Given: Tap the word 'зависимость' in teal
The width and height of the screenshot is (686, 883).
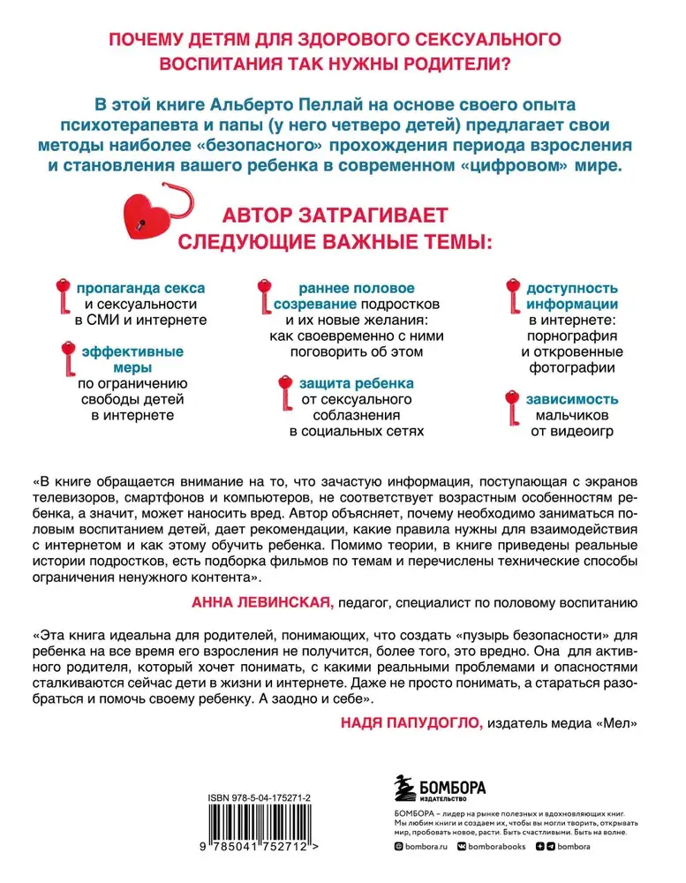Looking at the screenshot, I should (x=570, y=399).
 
